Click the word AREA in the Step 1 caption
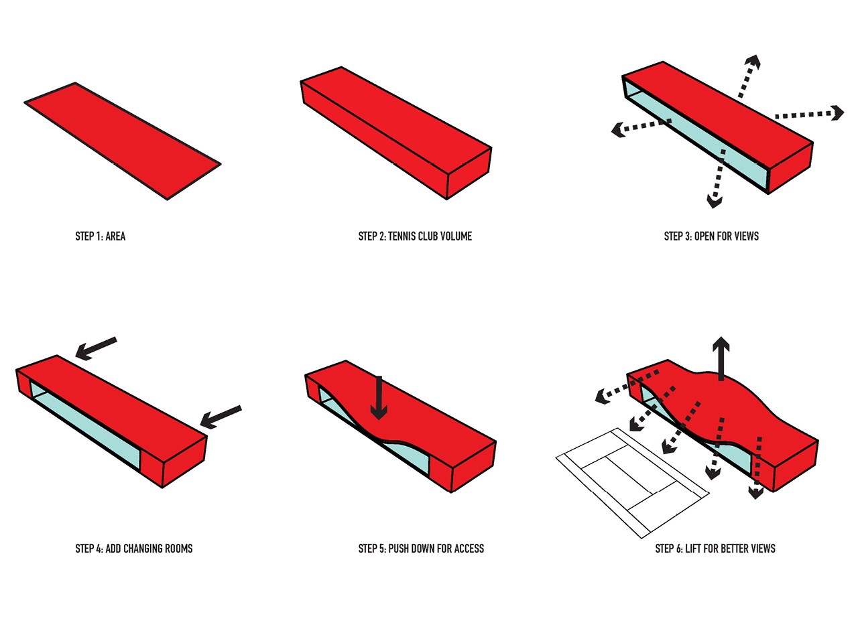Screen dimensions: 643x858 tap(115, 236)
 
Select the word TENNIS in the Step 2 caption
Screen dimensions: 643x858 tap(403, 236)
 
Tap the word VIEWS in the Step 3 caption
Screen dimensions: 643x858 tap(746, 236)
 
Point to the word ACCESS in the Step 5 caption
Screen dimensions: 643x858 tap(469, 549)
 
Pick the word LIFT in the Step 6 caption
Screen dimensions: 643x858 tap(692, 549)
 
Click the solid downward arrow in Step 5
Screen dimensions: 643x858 tap(379, 399)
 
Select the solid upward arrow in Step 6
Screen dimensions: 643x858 tap(721, 358)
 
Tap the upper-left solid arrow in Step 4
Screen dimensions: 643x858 tap(95, 348)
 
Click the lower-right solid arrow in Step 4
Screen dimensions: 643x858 tap(221, 416)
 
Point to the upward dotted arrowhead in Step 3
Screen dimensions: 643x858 tap(753, 63)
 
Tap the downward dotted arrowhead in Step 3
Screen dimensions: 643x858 tap(715, 200)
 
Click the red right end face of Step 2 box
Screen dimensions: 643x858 tap(469, 173)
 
